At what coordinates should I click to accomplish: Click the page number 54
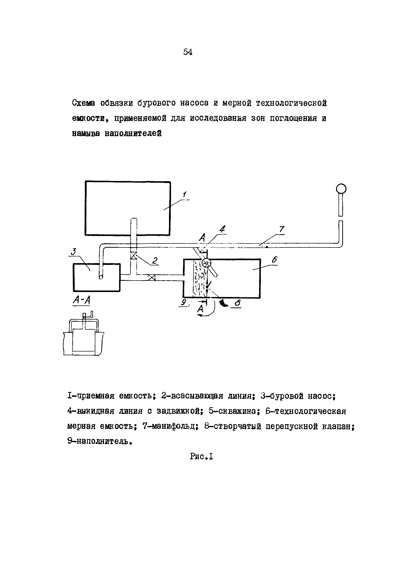tap(187, 52)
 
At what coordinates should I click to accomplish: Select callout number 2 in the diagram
tap(155, 260)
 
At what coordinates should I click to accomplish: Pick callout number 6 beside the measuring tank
tap(275, 260)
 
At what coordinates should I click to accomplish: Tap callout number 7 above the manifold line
tap(281, 229)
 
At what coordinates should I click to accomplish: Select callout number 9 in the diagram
tap(184, 302)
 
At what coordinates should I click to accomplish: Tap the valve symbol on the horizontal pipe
tap(152, 278)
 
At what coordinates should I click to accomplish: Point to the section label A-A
tap(81, 300)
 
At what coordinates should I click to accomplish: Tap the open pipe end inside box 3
tap(101, 277)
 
